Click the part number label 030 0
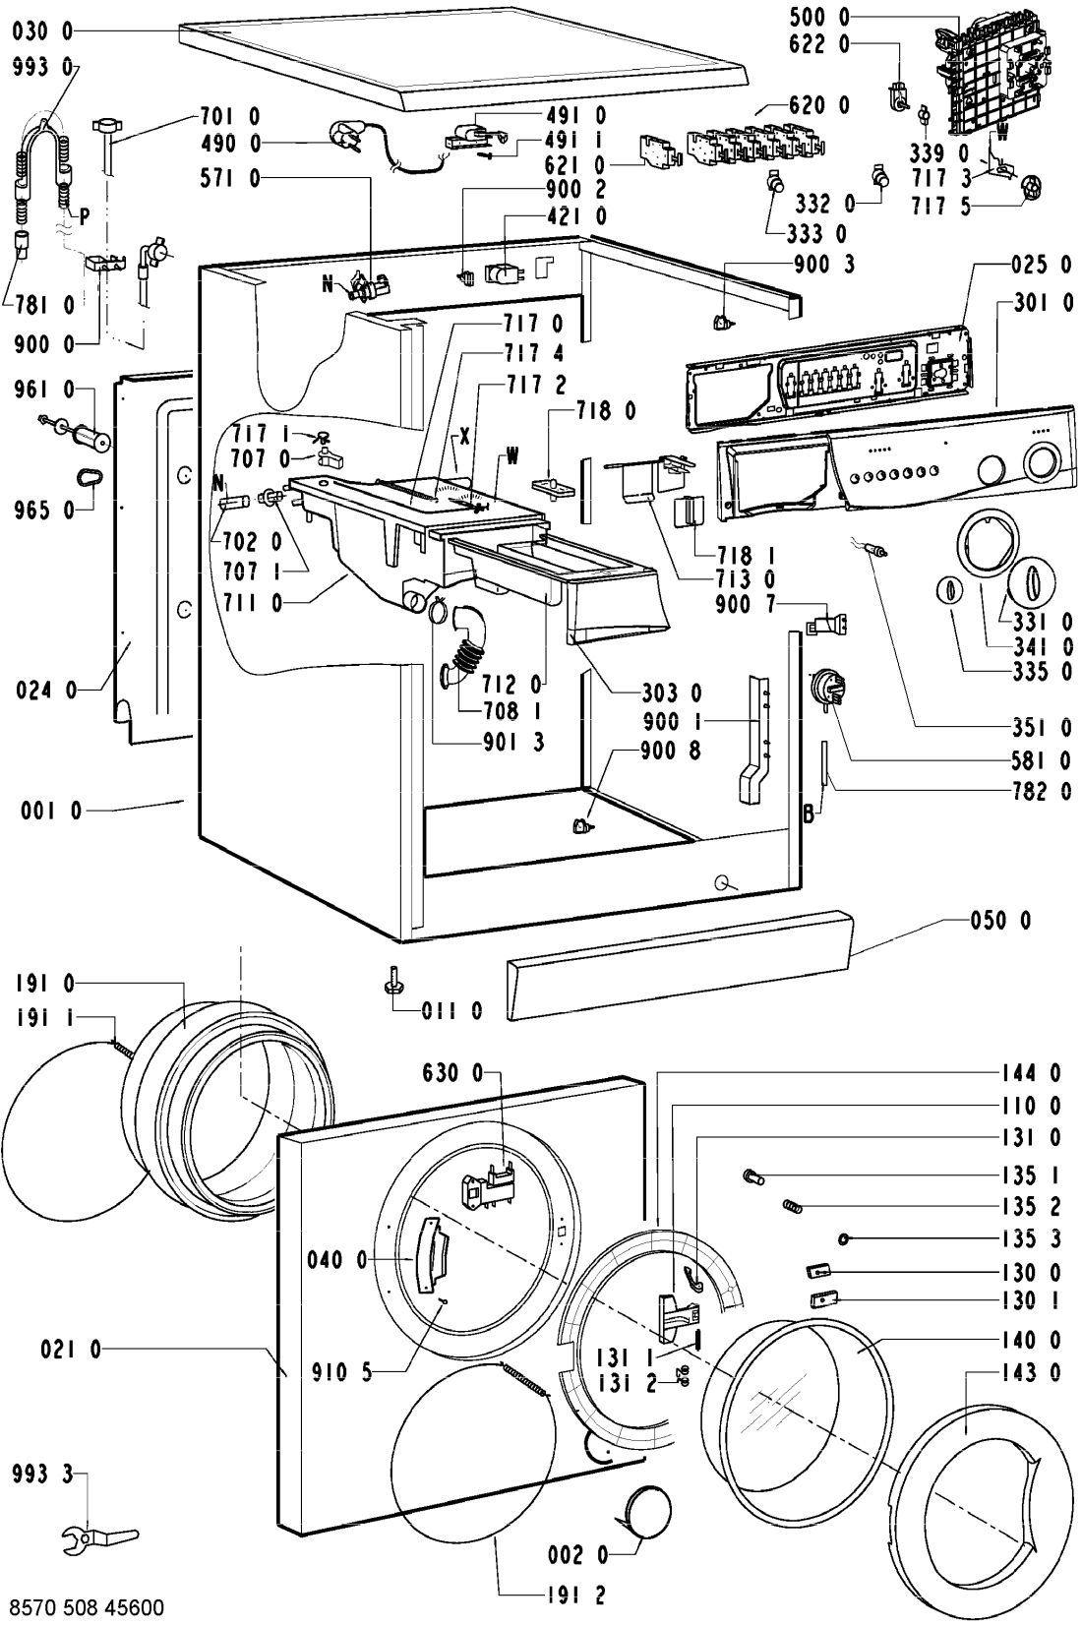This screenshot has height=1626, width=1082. pyautogui.click(x=42, y=32)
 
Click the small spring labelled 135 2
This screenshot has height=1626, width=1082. pyautogui.click(x=793, y=1206)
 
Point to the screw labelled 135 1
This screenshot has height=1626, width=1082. pyautogui.click(x=752, y=1174)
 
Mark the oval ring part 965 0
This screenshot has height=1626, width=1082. pyautogui.click(x=88, y=477)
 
